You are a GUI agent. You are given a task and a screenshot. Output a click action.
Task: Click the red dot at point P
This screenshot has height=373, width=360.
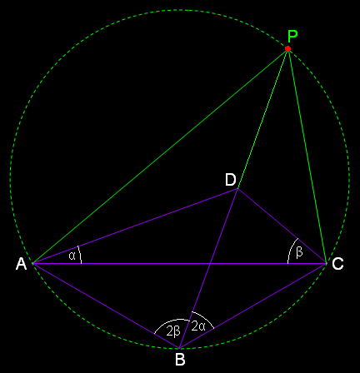click(x=287, y=48)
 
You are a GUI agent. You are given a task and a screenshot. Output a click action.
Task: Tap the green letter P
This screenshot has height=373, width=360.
click(x=292, y=36)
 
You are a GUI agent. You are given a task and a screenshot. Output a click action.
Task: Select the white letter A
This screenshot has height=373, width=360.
click(x=21, y=264)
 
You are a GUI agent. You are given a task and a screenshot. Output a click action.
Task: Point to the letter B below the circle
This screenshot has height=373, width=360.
click(x=180, y=360)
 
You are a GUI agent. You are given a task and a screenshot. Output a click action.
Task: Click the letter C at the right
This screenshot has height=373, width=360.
click(x=337, y=264)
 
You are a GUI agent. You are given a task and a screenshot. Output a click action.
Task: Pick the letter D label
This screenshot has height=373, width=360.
click(x=231, y=180)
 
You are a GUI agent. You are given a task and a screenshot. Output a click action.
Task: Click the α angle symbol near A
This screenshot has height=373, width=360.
click(x=72, y=256)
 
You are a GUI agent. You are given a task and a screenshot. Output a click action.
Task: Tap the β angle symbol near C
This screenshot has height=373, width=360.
click(x=299, y=252)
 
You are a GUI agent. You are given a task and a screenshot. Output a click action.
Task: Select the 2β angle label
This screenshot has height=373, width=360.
click(x=173, y=331)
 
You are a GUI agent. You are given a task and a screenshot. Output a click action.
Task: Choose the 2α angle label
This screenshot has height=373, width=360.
click(x=198, y=326)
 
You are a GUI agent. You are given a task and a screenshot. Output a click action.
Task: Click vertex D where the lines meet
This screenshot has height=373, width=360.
click(x=237, y=189)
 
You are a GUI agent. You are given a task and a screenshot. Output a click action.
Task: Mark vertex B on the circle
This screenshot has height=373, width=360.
click(x=179, y=348)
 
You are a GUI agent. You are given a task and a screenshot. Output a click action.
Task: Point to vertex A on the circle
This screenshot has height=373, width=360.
click(x=32, y=263)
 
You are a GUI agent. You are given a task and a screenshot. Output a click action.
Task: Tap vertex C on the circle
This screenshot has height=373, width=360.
click(x=326, y=263)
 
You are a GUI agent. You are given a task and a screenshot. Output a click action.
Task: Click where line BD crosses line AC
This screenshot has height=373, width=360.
click(x=210, y=263)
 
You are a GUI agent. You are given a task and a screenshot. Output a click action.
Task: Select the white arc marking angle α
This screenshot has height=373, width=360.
click(x=80, y=255)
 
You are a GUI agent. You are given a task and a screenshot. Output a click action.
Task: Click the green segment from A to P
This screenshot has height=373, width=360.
click(x=160, y=156)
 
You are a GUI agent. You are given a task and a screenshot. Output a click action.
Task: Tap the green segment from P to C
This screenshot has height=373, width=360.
click(x=307, y=156)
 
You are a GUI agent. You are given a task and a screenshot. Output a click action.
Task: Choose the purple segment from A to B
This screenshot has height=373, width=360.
click(x=106, y=306)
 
